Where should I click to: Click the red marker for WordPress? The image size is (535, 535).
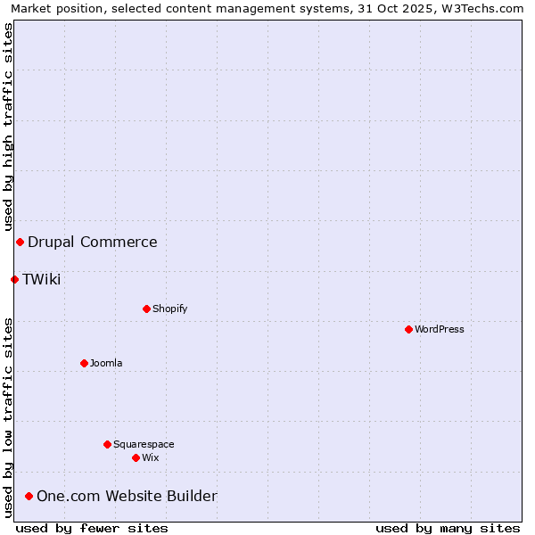coord(408,329)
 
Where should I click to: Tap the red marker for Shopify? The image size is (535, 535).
coord(146,309)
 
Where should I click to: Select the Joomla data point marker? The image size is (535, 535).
coord(84,363)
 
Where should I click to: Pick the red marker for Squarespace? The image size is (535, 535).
coord(107,444)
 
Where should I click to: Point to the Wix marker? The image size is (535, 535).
coord(136,457)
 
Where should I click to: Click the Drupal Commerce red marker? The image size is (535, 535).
coord(20,242)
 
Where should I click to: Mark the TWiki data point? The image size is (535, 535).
coord(14,279)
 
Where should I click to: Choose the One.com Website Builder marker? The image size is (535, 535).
coord(29,496)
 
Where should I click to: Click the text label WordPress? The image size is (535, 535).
coord(440,329)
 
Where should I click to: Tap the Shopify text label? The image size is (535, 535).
coord(169,309)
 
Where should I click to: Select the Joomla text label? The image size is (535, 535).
coord(106,363)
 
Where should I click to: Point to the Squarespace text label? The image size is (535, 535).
coord(144,444)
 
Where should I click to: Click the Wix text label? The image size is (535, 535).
coord(151,457)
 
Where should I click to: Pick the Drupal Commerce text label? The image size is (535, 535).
coord(93,242)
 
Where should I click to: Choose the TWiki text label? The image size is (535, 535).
coord(42,279)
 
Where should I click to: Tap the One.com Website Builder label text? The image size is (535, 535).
coord(127,496)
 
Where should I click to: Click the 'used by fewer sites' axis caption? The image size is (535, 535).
coord(92,528)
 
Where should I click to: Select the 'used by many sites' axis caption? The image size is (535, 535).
coord(448,528)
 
